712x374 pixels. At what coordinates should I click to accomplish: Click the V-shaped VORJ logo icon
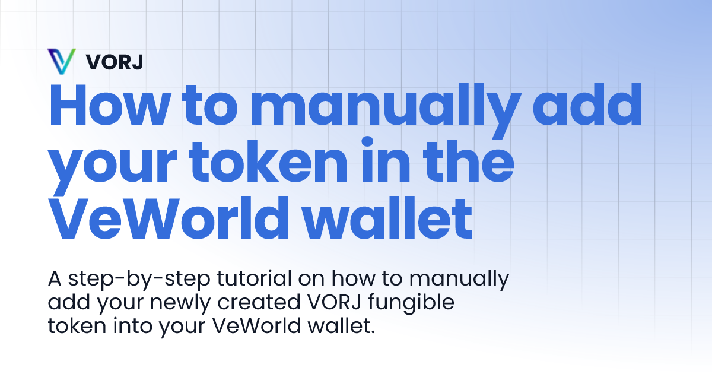coord(61,61)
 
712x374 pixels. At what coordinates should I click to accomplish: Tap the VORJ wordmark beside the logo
coord(115,61)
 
